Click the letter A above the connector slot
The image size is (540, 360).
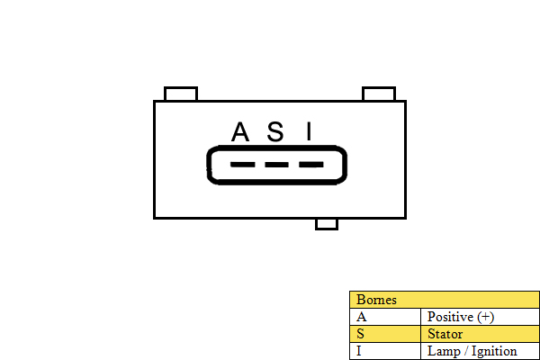(x=240, y=131)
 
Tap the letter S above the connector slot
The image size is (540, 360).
(x=275, y=131)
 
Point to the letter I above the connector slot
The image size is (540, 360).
(x=309, y=131)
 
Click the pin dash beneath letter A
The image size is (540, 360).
(x=243, y=165)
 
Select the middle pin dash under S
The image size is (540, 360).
(x=276, y=165)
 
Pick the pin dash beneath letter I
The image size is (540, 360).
(x=311, y=165)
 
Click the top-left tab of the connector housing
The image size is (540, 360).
(x=181, y=94)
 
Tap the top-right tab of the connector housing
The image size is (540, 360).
(x=379, y=94)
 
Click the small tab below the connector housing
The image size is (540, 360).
(x=327, y=224)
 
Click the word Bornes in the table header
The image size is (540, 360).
(x=376, y=300)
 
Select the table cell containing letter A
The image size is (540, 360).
(x=385, y=317)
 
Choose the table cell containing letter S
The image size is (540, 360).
(x=385, y=334)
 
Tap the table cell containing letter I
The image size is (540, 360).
(x=385, y=351)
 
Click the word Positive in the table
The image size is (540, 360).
(x=451, y=317)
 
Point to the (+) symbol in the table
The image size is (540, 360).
(x=486, y=317)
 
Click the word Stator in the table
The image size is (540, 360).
(x=445, y=334)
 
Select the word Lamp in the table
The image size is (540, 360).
(x=444, y=351)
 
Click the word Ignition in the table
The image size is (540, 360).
(x=494, y=352)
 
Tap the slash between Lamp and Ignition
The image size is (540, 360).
(x=466, y=351)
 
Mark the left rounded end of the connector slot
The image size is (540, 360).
(x=209, y=165)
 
